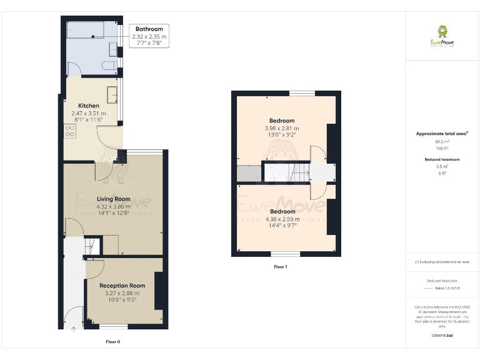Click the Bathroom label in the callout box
(149, 29)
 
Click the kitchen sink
(113, 94)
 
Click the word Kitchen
(89, 106)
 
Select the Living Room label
(113, 199)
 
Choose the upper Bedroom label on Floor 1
(281, 121)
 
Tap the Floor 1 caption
(281, 267)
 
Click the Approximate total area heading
(441, 134)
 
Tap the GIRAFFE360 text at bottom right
(441, 336)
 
